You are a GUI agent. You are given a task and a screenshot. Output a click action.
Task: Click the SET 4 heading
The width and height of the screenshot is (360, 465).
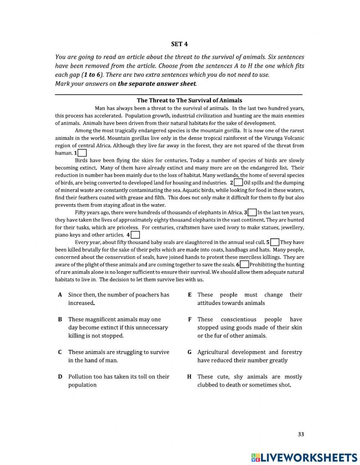(179, 44)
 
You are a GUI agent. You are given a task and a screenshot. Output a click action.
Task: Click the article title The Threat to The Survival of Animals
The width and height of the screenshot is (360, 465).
(189, 100)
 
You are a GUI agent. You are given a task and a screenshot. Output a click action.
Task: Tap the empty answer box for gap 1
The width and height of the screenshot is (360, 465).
(82, 153)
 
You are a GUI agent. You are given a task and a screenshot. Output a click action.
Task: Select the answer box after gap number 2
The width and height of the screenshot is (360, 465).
(238, 183)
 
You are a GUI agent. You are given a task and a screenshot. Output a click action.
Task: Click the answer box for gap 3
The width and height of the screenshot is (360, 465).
(252, 213)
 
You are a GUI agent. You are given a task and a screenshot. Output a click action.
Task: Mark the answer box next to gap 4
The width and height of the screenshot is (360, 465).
(135, 235)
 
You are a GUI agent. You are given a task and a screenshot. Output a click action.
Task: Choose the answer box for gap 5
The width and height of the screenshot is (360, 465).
(275, 242)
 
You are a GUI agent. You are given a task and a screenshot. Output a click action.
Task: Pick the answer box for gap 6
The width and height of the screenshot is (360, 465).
(244, 265)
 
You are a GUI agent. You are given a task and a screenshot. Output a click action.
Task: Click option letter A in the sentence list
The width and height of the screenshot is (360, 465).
(60, 295)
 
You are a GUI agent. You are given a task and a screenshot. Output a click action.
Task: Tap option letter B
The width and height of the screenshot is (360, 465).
(60, 319)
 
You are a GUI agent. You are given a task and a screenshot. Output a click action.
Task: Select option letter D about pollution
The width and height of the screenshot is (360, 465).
(60, 377)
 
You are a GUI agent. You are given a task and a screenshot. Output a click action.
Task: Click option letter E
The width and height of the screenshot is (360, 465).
(189, 295)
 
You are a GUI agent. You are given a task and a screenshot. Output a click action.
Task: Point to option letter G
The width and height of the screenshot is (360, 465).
(189, 352)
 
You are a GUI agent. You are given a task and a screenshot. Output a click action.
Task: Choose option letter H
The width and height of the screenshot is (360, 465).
(189, 377)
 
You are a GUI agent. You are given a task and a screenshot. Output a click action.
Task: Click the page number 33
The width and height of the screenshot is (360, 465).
(301, 434)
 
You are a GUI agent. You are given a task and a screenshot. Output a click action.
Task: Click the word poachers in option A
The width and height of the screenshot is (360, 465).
(147, 295)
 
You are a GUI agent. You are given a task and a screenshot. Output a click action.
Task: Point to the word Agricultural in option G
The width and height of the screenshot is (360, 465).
(213, 352)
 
